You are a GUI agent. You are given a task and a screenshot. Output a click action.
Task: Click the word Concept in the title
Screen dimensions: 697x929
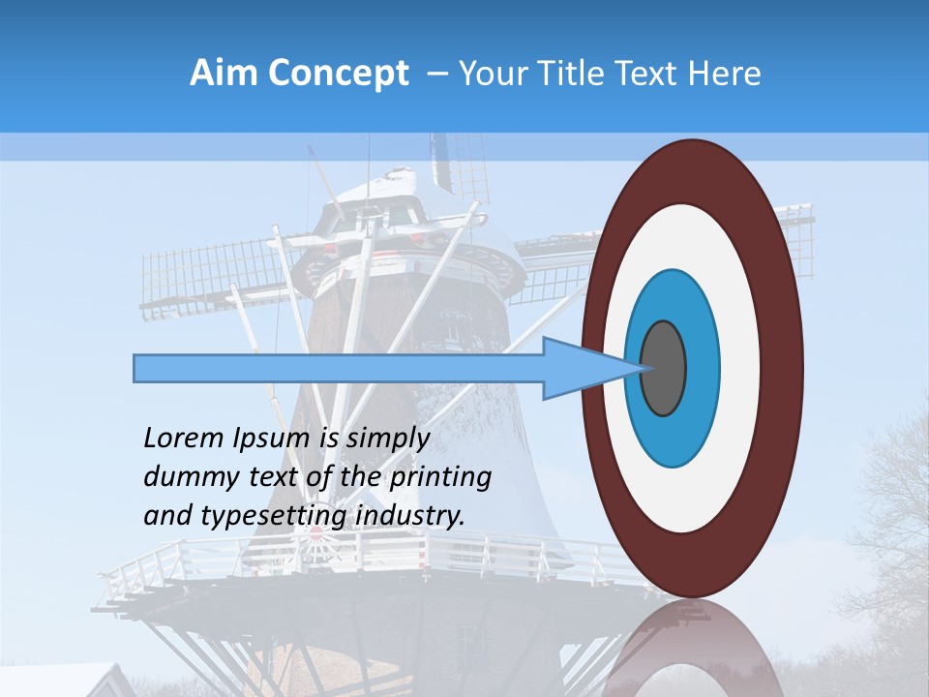coord(339,74)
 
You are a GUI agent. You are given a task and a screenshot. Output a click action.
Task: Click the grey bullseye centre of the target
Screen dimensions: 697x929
coord(664,368)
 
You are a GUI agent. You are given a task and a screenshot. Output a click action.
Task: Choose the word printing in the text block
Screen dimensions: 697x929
coord(440,478)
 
